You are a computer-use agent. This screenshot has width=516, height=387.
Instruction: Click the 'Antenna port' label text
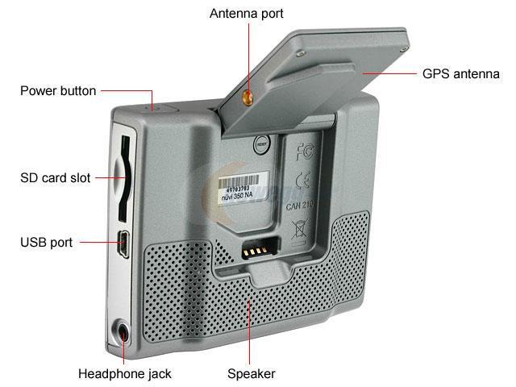click(x=246, y=14)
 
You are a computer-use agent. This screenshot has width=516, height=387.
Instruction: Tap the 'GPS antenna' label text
click(x=461, y=74)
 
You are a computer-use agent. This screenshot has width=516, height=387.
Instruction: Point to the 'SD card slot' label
click(x=55, y=177)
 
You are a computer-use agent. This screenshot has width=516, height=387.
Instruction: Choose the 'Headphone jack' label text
click(x=124, y=373)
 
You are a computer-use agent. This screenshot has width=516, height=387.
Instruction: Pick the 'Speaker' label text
click(x=251, y=373)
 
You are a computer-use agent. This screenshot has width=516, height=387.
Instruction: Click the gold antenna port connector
click(x=247, y=98)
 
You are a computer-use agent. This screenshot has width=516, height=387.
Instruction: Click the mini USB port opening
click(x=124, y=243)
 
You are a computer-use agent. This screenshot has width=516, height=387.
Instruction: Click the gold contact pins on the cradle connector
click(x=257, y=249)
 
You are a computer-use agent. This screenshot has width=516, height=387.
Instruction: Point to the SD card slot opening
click(x=123, y=178)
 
